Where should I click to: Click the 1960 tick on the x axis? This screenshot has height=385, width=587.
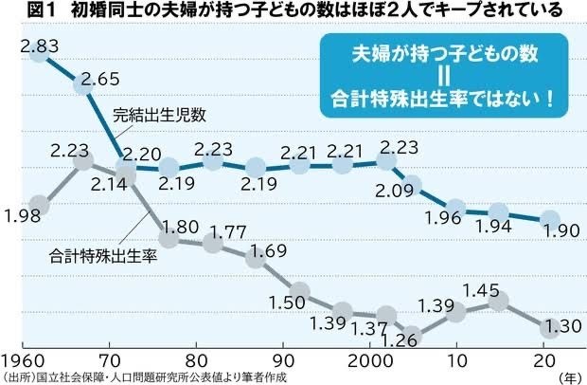[x=23, y=361]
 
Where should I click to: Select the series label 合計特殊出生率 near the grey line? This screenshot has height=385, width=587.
[x=101, y=254]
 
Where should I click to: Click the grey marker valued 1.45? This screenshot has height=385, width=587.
[x=499, y=302]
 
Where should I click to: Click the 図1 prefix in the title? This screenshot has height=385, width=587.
[x=21, y=9]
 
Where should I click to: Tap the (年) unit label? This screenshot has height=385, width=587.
[x=569, y=376]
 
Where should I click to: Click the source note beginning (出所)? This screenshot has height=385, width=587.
[x=133, y=376]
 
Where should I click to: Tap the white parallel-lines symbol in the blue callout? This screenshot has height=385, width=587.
[x=443, y=76]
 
